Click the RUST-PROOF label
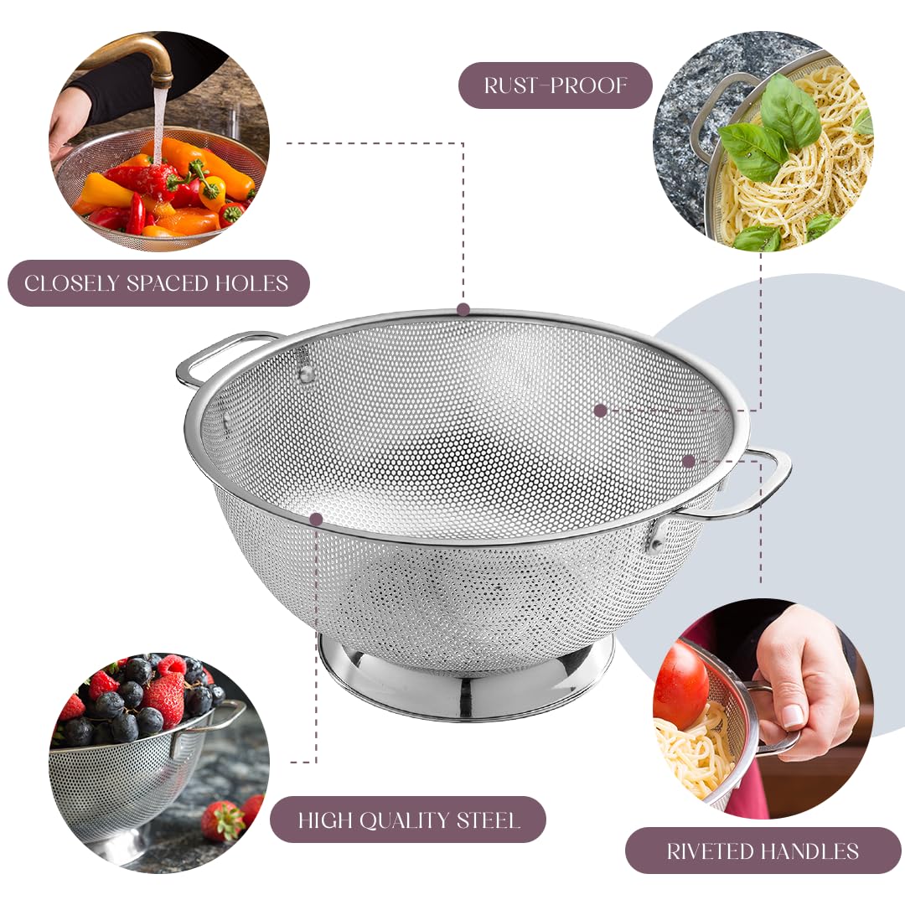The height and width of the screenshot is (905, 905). coord(555,85)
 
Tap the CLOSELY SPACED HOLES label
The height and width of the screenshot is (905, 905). coord(158,283)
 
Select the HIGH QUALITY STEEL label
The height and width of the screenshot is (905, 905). coord(408,820)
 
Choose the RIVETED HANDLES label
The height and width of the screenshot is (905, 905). coord(763,851)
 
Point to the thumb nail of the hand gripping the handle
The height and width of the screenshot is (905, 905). coord(792,715)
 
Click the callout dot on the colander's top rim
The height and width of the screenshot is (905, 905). coord(463,309)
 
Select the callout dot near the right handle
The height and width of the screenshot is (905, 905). coord(689,461)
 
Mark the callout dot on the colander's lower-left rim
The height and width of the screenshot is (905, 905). coord(316,520)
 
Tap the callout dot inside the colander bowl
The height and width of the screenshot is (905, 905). coord(600,411)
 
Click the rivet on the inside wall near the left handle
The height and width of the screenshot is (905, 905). coord(307,374)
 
